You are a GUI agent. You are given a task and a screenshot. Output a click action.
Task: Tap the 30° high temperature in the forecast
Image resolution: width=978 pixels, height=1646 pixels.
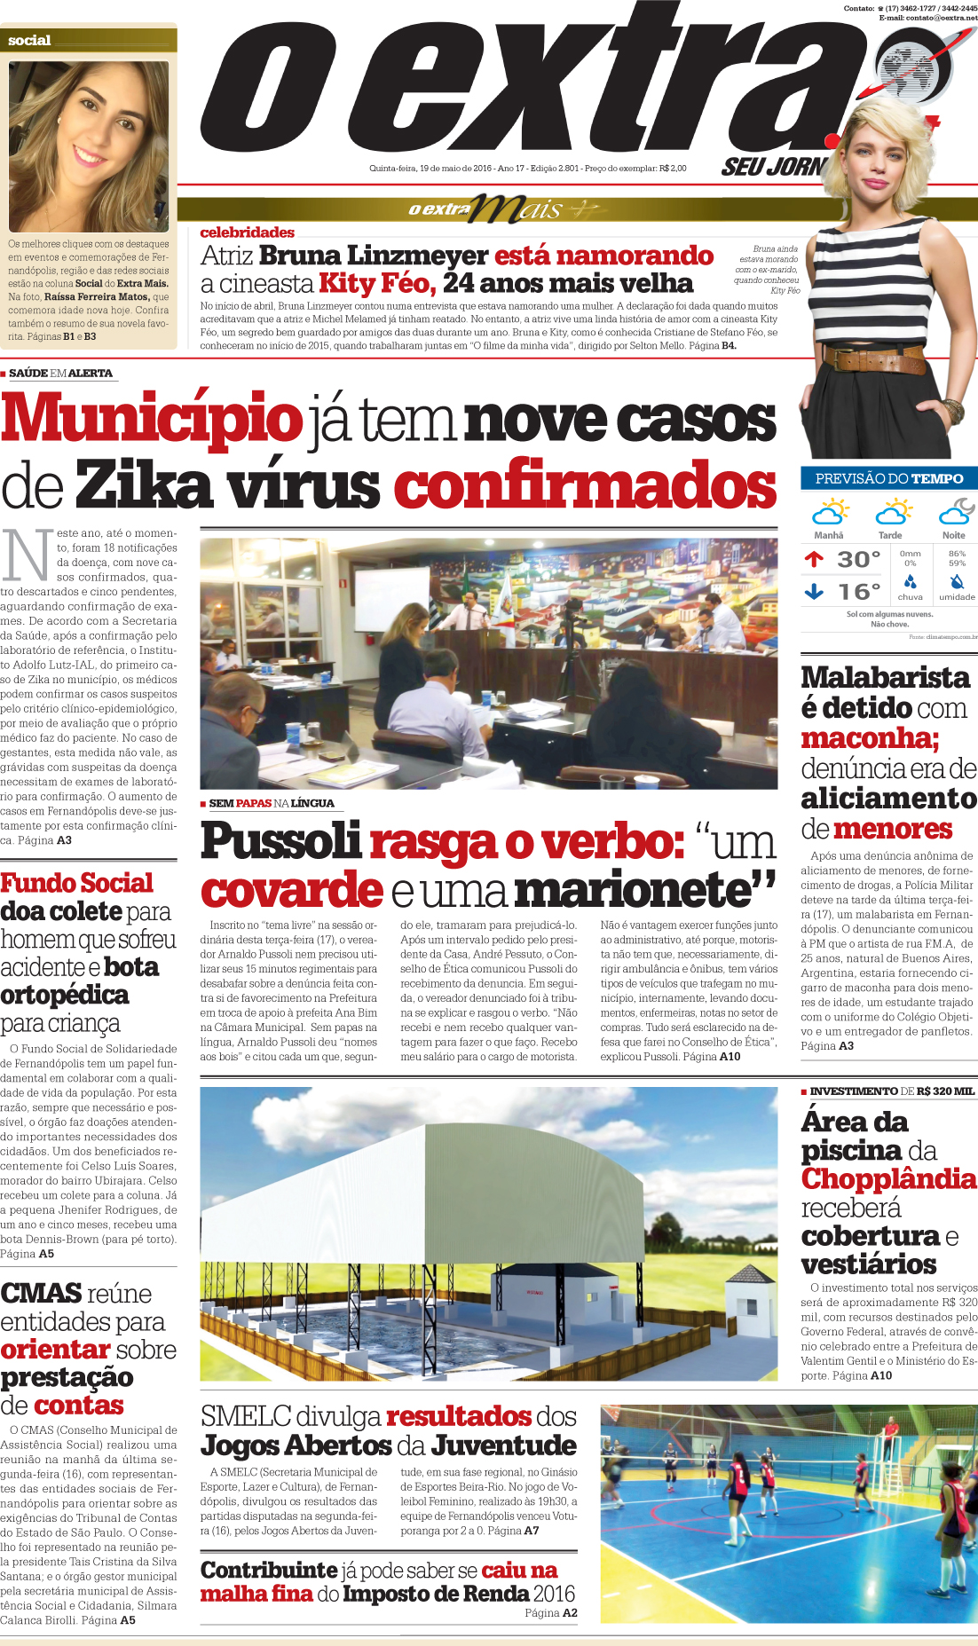pos(858,560)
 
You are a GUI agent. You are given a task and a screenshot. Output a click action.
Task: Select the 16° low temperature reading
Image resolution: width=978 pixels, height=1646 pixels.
pos(858,592)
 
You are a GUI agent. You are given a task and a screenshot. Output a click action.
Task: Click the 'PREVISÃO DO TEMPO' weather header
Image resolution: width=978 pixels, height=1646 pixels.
pos(888,478)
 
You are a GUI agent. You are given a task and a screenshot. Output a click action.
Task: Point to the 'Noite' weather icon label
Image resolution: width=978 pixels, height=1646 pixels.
pos(954,535)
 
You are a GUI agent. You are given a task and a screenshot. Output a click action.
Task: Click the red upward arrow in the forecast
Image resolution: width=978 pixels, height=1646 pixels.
pos(814,559)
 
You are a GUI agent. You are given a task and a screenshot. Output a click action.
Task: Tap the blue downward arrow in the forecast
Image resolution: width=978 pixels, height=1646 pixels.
pos(814,591)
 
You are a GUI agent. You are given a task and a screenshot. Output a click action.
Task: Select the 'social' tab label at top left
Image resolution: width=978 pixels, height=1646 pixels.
pos(29,41)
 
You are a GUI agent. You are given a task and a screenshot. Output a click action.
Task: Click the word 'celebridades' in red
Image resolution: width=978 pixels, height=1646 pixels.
pos(248,232)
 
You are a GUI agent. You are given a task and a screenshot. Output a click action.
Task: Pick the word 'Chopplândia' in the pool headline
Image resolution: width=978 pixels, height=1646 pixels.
pos(888,1179)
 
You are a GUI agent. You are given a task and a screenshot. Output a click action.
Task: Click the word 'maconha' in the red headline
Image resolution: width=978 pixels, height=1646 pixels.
pos(869,738)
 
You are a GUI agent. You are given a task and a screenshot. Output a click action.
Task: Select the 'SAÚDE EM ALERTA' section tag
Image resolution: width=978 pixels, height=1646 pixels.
pos(60,374)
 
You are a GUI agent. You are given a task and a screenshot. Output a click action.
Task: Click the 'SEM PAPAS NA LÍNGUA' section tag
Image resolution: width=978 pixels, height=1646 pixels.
pos(272,803)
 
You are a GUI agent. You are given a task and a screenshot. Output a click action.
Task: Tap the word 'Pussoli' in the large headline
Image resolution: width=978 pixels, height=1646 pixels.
pos(281,841)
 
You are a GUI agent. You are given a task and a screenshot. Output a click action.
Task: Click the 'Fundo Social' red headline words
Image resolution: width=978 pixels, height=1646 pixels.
pos(77,883)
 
